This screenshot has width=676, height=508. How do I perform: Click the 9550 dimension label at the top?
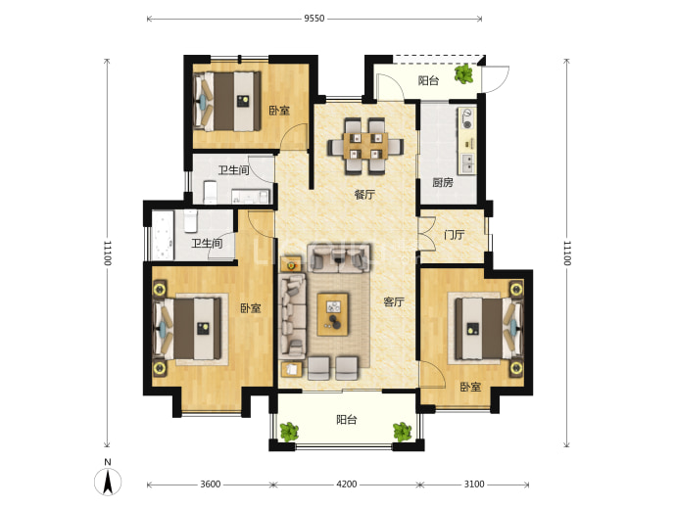314,19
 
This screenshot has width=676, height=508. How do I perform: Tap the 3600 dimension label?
211,485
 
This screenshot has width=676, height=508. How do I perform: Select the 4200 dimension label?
347,485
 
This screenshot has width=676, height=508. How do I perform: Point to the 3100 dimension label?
474,485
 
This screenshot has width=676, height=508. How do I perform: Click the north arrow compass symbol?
108,479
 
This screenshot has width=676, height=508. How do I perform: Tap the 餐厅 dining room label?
364,195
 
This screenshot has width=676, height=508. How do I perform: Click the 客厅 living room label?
394,302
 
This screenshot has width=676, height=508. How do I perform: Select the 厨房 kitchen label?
443,183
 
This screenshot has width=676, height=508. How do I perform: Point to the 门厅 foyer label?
455,235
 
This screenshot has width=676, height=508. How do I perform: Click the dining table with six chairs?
365,147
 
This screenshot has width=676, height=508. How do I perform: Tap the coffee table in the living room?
333,314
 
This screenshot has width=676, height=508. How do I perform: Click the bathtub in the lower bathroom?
163,235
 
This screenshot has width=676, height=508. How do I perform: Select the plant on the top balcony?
463,74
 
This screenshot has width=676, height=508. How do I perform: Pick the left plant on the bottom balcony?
289,432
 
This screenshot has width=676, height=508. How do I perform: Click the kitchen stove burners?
467,118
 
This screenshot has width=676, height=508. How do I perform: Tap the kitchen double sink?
467,162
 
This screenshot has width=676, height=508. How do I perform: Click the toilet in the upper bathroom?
210,192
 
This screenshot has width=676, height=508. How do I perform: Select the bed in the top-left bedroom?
227,102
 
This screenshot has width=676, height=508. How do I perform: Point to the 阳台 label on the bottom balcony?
347,420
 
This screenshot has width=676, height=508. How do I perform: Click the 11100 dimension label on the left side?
108,253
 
